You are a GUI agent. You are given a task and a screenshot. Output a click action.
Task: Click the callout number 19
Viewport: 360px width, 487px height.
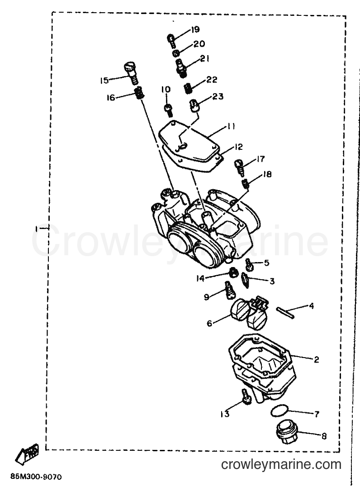pyautogui.click(x=195, y=30)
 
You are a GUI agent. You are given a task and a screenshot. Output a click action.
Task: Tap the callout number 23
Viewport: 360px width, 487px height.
pyautogui.click(x=218, y=96)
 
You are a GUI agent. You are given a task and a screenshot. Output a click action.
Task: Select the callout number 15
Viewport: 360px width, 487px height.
pyautogui.click(x=104, y=81)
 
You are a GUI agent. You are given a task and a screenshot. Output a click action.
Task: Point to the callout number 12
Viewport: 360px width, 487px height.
pyautogui.click(x=238, y=147)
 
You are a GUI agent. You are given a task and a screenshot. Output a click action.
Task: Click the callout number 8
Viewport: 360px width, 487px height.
pyautogui.click(x=324, y=436)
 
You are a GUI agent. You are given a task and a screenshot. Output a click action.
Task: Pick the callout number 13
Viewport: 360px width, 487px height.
pyautogui.click(x=225, y=414)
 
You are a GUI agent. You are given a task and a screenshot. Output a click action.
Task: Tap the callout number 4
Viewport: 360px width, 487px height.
pyautogui.click(x=311, y=306)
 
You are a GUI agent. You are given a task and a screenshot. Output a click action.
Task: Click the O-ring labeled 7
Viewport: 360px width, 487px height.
pyautogui.click(x=279, y=411)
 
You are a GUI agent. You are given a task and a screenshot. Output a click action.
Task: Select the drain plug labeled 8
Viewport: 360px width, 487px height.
pyautogui.click(x=285, y=432)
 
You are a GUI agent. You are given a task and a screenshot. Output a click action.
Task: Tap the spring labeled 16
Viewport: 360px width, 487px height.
pyautogui.click(x=139, y=93)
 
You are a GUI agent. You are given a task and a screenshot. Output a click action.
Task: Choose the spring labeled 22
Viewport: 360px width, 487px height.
pyautogui.click(x=187, y=88)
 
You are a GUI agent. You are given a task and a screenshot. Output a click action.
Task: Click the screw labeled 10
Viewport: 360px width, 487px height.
pyautogui.click(x=168, y=110)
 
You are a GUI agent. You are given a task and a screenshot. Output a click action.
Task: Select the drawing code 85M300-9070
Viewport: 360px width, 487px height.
pyautogui.click(x=36, y=477)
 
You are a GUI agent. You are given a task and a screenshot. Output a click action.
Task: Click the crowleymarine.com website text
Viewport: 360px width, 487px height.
pyautogui.click(x=281, y=465)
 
